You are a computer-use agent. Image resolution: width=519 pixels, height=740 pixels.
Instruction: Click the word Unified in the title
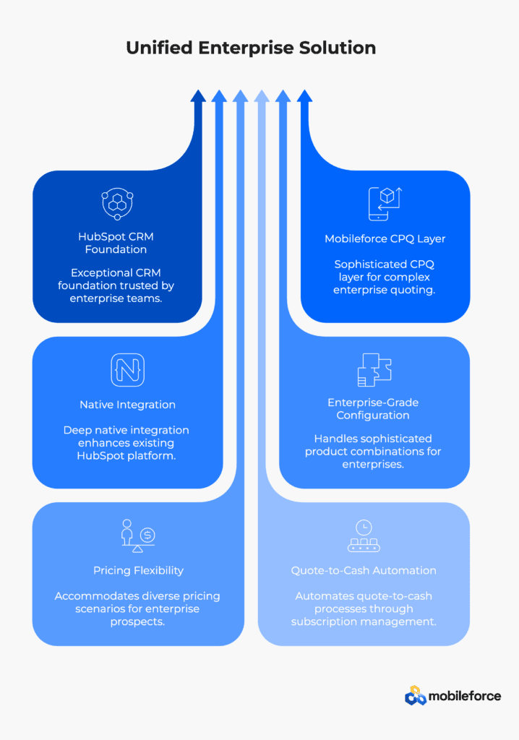point(159,48)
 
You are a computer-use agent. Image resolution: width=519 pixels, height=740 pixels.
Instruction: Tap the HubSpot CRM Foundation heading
point(116,243)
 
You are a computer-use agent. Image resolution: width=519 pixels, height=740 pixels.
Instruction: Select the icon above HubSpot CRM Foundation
point(117,204)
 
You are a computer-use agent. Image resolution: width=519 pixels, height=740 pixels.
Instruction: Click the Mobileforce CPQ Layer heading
point(385,238)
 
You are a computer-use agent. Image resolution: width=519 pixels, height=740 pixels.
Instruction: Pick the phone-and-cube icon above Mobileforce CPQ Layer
point(385,204)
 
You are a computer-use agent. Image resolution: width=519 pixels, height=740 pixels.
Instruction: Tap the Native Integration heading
point(127,405)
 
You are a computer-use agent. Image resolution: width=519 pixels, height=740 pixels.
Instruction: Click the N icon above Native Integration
point(127,370)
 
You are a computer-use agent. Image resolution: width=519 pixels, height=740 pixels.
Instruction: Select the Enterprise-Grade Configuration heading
point(373,409)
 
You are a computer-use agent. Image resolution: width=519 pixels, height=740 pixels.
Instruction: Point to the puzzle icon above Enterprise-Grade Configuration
point(374,370)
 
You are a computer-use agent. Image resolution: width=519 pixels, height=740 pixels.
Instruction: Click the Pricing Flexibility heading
point(138,571)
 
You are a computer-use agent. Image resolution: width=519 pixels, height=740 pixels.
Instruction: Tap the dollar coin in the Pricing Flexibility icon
point(147,535)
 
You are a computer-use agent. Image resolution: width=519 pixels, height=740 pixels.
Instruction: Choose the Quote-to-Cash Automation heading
point(364,571)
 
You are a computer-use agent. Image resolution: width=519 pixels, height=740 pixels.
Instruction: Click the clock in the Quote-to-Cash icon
point(364,527)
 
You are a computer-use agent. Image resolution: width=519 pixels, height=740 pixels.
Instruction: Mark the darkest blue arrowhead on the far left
point(198,96)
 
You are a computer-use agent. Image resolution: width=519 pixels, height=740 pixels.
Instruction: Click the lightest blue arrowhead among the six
point(262,96)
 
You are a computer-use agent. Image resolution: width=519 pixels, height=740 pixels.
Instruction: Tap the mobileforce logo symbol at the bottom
point(416,696)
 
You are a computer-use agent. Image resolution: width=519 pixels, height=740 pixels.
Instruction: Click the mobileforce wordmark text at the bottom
point(465,696)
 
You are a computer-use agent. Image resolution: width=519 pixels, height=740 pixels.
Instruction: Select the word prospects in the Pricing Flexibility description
point(137,622)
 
